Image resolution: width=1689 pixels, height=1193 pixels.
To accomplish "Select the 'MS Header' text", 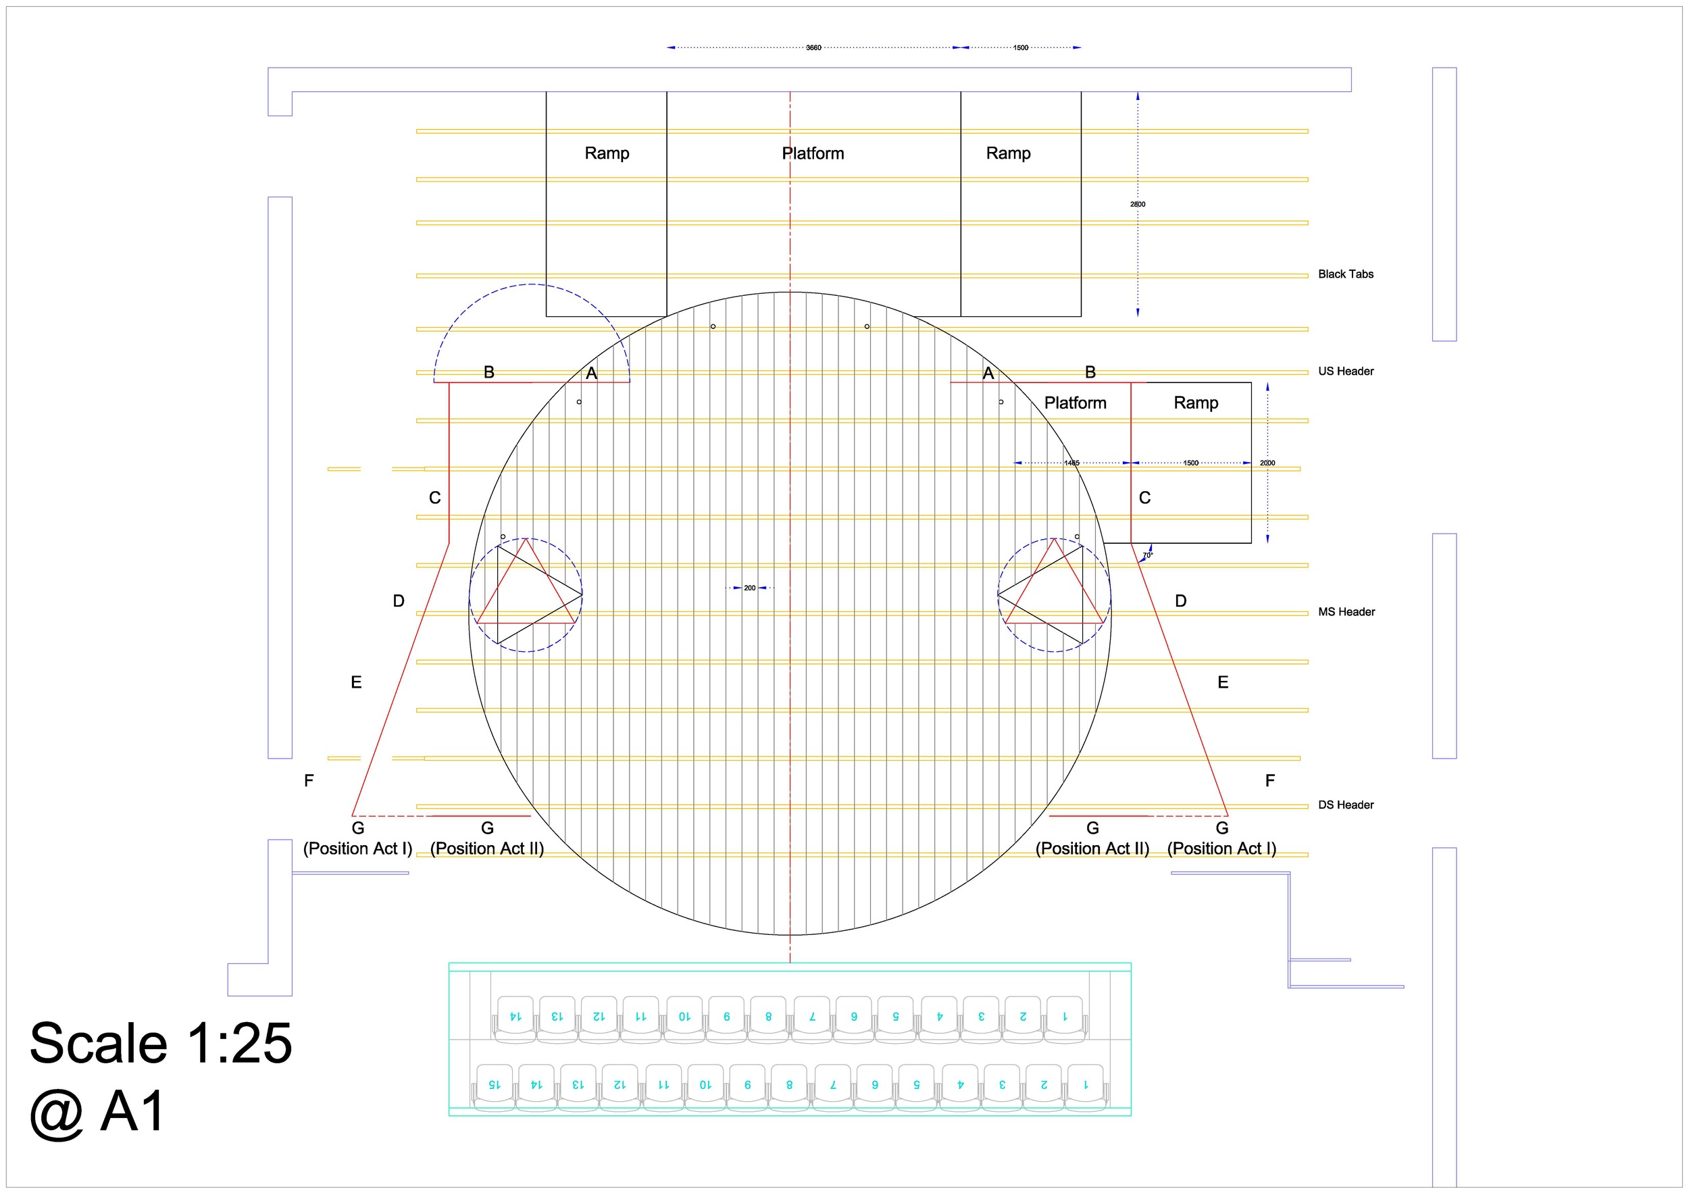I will (1346, 612).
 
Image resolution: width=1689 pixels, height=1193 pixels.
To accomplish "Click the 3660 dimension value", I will (813, 48).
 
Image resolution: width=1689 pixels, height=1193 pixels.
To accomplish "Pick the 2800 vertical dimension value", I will (1137, 205).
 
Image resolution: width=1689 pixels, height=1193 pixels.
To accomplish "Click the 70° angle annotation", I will (1148, 556).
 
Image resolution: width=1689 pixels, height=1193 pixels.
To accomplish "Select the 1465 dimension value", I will (1072, 463).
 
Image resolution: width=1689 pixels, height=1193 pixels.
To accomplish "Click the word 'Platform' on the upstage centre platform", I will (812, 154).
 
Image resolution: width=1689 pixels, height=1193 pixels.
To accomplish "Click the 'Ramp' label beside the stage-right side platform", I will (1195, 403).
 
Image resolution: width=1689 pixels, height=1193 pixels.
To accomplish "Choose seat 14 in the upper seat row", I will (515, 1017).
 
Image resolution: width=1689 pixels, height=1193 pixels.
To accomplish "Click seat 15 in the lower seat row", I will (495, 1085).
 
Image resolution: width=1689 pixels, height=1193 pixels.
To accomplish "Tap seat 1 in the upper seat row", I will (1065, 1017).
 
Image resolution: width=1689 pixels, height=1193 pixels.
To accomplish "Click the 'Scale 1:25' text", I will (160, 1044).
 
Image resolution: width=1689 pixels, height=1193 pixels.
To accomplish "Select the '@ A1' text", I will (97, 1112).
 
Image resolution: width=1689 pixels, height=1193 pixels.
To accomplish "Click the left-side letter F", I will (309, 781).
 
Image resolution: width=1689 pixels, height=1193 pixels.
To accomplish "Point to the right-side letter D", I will (1180, 602).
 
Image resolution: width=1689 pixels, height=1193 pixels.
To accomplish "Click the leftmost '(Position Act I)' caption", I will (357, 848).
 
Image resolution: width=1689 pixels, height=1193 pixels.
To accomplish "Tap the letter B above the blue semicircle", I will (488, 373).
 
